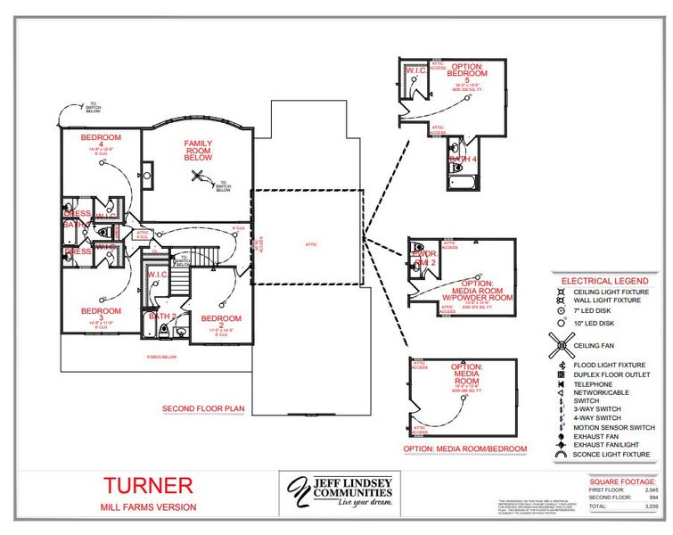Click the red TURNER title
pos(147,486)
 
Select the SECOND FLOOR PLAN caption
pos(203,409)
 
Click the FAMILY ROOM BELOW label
pos(198,149)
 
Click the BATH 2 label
pos(162,317)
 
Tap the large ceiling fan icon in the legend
pos(562,344)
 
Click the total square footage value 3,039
pos(652,506)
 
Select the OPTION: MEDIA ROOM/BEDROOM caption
pos(464,449)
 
